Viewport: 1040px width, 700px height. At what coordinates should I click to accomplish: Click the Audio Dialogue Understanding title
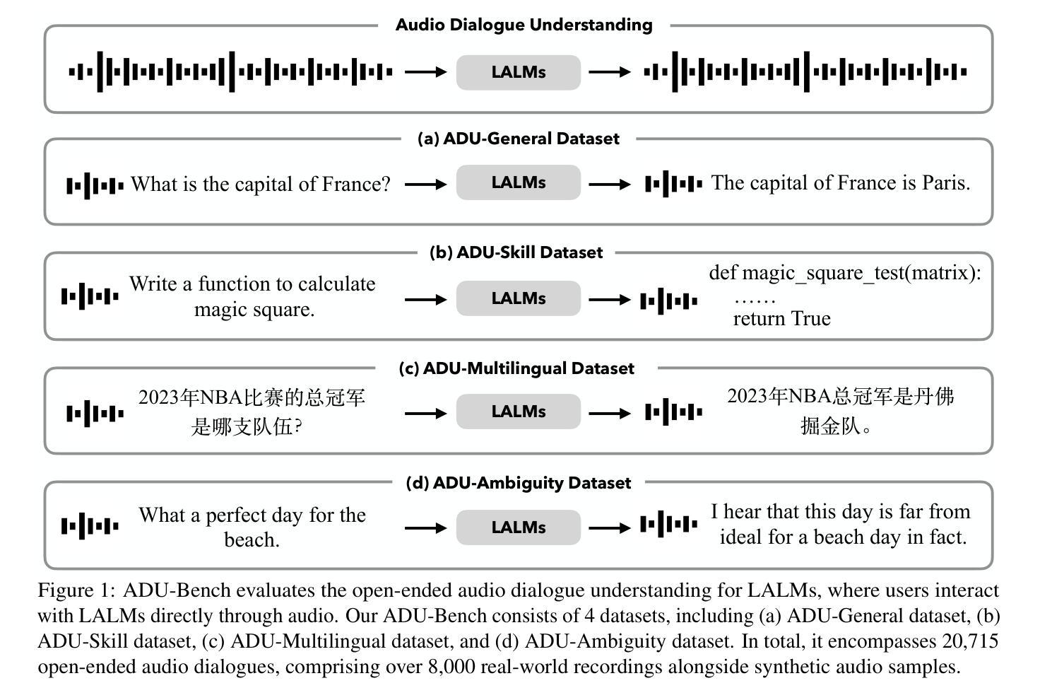click(524, 25)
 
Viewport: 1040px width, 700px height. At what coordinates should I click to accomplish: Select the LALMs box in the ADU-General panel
click(518, 182)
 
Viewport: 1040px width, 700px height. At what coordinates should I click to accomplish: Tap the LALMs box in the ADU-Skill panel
click(518, 298)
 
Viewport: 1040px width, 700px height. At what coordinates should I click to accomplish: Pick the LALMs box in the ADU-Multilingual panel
click(518, 412)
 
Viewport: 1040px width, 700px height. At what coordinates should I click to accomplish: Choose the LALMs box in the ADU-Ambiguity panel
click(518, 527)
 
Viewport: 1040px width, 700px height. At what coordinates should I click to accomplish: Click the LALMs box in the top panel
click(518, 72)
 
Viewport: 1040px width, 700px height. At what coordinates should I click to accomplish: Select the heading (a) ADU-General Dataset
click(518, 139)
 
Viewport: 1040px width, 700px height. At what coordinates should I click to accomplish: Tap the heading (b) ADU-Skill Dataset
click(516, 252)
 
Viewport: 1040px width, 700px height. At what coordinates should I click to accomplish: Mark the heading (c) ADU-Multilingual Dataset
click(516, 368)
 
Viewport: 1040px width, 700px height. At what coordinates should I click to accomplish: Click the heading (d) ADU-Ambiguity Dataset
click(518, 483)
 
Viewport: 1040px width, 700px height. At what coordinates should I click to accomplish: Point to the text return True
click(782, 319)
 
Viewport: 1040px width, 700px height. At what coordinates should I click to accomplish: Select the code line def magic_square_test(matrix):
click(845, 273)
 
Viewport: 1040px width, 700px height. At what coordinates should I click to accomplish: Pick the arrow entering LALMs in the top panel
click(426, 72)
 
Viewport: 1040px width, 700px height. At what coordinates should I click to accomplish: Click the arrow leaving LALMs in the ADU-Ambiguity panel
click(610, 527)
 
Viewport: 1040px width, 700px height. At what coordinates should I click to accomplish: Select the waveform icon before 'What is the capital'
click(95, 185)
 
